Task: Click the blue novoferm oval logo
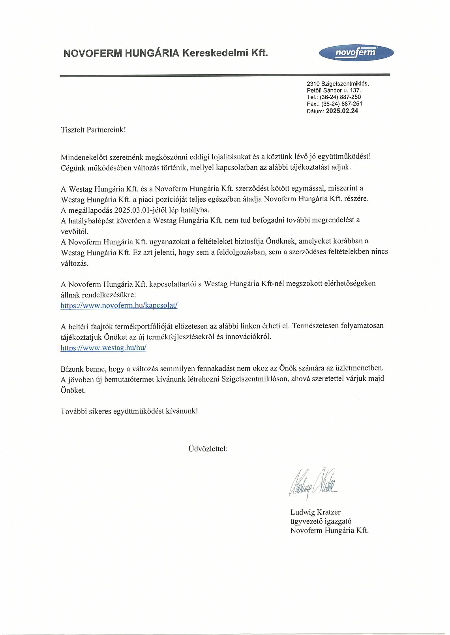[x=356, y=53]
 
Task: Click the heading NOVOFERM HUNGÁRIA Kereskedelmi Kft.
[x=165, y=53]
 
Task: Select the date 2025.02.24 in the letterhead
[x=342, y=111]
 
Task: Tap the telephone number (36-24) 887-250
[x=340, y=97]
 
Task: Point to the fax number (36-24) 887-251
[x=341, y=104]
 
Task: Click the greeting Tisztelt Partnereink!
[x=93, y=130]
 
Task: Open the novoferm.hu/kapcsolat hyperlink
[x=119, y=305]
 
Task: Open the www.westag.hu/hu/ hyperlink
[x=103, y=348]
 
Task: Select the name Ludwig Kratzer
[x=315, y=512]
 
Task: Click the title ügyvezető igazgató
[x=321, y=521]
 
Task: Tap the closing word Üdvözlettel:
[x=208, y=449]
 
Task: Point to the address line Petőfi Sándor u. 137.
[x=334, y=90]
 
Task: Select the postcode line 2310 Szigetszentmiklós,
[x=337, y=83]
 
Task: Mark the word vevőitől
[x=75, y=231]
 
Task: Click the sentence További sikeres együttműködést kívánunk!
[x=129, y=411]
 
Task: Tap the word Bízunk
[x=72, y=369]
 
